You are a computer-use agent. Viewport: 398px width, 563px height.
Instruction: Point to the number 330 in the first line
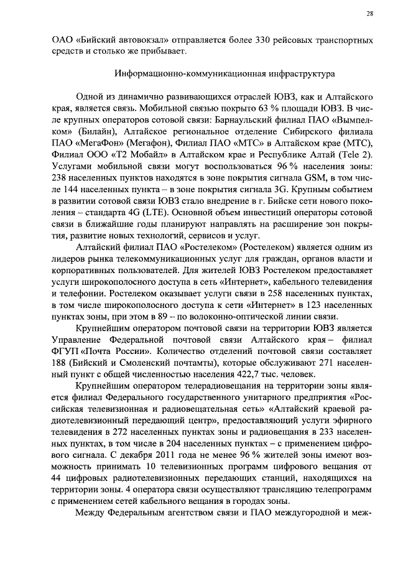click(265, 39)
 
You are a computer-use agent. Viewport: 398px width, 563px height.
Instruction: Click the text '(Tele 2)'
click(356, 156)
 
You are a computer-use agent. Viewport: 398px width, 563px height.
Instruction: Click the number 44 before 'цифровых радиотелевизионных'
click(56, 486)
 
